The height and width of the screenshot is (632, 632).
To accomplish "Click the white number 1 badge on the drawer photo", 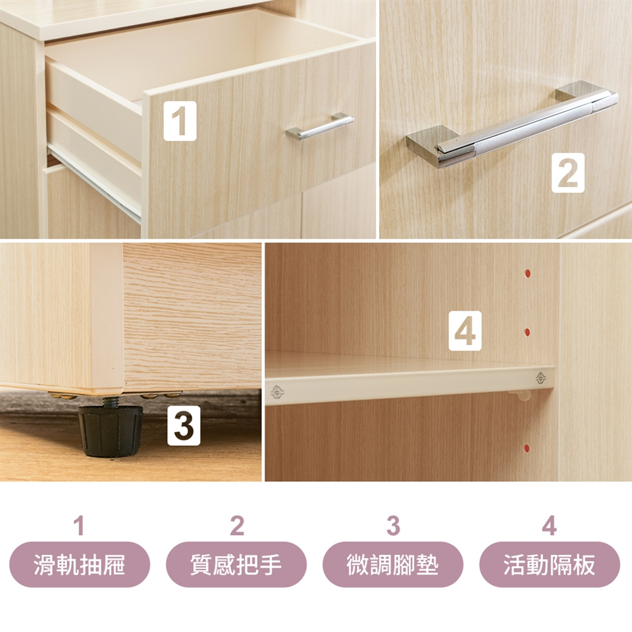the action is tap(180, 121).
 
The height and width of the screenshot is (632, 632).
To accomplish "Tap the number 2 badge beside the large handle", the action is tap(568, 172).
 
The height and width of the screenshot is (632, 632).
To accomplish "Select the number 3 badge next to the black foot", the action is tap(184, 426).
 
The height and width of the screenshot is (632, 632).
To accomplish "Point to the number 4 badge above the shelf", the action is tap(465, 330).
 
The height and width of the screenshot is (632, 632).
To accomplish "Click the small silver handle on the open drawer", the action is tap(320, 126).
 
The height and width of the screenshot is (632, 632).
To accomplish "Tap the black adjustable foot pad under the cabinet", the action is tap(111, 431).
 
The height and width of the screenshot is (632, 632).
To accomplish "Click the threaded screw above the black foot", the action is tap(110, 402).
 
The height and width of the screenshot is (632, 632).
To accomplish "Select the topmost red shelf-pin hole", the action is tap(527, 274).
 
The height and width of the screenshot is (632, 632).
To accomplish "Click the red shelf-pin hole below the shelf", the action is tap(527, 448).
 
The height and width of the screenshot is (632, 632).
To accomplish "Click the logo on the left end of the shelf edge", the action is tap(277, 392).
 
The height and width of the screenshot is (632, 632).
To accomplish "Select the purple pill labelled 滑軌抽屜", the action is tap(80, 564).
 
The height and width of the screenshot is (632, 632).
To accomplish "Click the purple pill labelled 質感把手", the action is tap(236, 564).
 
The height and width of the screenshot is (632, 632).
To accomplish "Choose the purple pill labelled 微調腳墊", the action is tap(393, 564).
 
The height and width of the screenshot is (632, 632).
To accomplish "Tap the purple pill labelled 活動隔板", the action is tap(549, 564).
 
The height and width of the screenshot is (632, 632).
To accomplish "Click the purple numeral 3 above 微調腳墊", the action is tap(393, 525).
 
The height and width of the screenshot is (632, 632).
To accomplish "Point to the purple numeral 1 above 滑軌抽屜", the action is tap(80, 525).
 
